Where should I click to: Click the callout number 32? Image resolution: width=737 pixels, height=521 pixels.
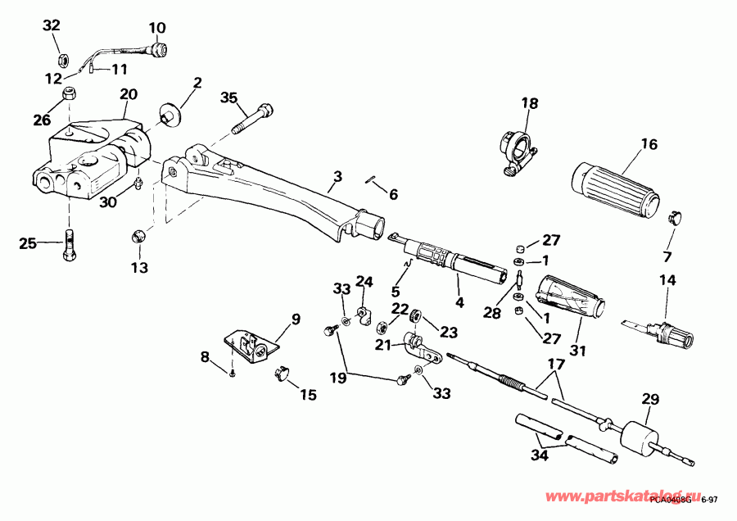click(x=52, y=25)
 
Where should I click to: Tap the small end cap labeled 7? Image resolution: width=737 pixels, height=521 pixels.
click(x=676, y=215)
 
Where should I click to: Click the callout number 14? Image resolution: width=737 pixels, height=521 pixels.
click(x=667, y=281)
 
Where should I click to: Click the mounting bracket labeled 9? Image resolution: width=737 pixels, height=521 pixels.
click(x=249, y=346)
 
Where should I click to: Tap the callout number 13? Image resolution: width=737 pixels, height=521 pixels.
click(x=139, y=268)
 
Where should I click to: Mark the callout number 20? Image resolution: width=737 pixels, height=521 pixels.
click(x=129, y=95)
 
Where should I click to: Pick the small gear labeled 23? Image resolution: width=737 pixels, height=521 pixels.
click(x=415, y=315)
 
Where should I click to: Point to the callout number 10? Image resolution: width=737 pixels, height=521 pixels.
click(x=156, y=27)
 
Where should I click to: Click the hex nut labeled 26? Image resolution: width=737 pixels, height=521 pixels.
click(x=70, y=95)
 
